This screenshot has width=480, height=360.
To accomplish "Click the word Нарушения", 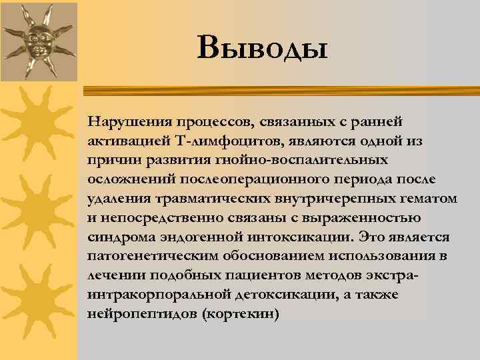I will coord(125,122).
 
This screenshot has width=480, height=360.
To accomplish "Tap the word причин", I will coord(111,161).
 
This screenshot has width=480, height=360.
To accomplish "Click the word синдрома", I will coord(115,237).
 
